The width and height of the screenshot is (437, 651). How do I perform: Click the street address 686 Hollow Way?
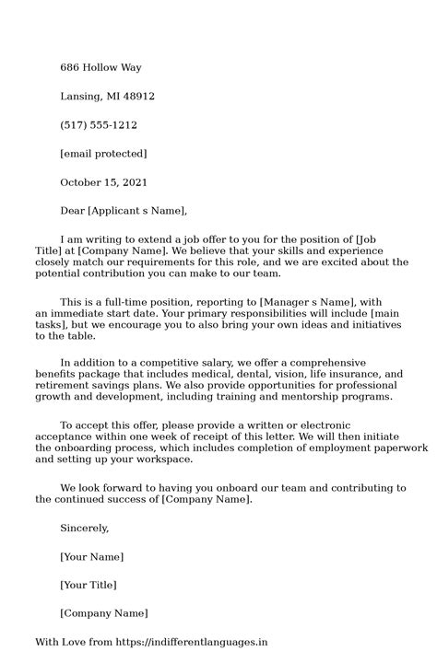pos(100,67)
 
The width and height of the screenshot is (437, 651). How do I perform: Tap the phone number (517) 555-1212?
pos(99,124)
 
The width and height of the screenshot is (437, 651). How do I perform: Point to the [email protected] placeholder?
pos(103,153)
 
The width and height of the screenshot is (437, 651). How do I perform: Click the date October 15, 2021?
pos(103,181)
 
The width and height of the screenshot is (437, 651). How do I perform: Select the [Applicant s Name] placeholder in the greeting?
pos(137,210)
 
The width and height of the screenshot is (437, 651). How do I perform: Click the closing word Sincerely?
pos(84,528)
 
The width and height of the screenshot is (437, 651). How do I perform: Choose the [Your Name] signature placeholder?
pos(91,556)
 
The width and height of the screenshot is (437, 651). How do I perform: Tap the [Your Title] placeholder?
pos(89,585)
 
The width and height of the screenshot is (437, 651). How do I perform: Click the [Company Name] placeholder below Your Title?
pos(103,613)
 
